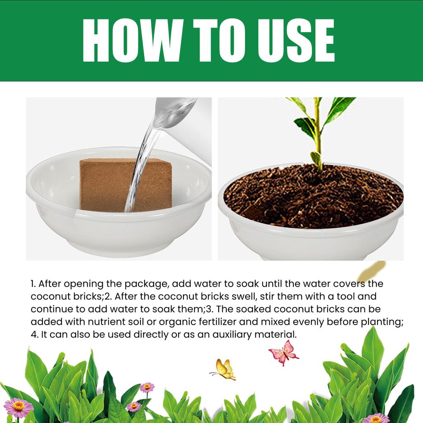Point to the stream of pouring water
pos(140,165)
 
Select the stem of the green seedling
pos(318,132)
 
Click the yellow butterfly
pos(224,369)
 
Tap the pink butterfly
pos(283,352)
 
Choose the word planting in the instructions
pos(382,322)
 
